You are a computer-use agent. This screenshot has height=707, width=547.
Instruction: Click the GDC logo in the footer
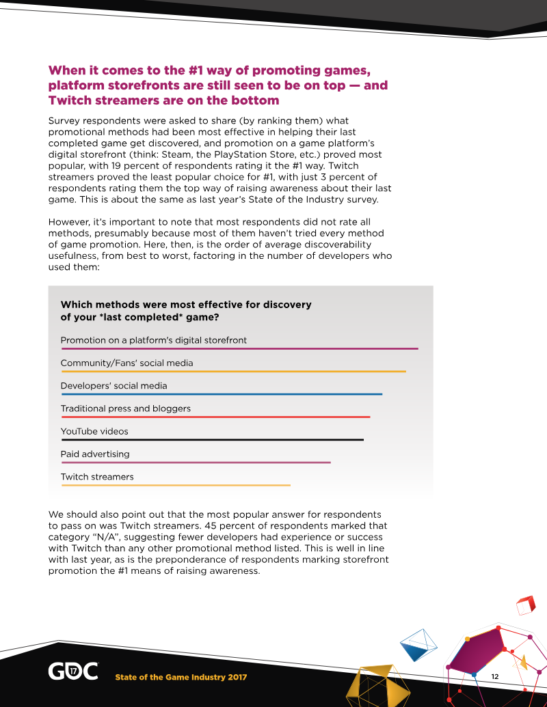72,671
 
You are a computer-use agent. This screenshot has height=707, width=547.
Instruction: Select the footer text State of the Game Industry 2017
181,677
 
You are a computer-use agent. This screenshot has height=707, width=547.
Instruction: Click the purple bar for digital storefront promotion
239,349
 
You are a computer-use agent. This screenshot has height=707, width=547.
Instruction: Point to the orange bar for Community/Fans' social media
233,372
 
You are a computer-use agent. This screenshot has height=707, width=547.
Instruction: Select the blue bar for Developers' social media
222,394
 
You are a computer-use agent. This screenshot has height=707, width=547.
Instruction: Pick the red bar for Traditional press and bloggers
215,417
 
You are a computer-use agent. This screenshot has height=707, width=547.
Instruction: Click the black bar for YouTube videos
212,440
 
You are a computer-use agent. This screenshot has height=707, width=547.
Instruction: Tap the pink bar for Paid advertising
196,462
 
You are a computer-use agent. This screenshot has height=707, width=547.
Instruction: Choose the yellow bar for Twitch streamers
176,485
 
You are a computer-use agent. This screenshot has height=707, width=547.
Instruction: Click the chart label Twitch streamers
97,477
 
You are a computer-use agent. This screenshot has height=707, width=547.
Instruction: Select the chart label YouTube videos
94,431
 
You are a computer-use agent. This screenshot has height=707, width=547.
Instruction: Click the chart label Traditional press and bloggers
126,408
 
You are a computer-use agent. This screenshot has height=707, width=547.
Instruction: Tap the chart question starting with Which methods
186,311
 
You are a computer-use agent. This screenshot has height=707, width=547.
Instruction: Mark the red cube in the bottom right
525,605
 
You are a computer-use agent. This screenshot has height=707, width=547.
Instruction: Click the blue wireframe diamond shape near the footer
418,644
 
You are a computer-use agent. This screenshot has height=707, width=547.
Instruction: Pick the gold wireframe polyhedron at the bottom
373,687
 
